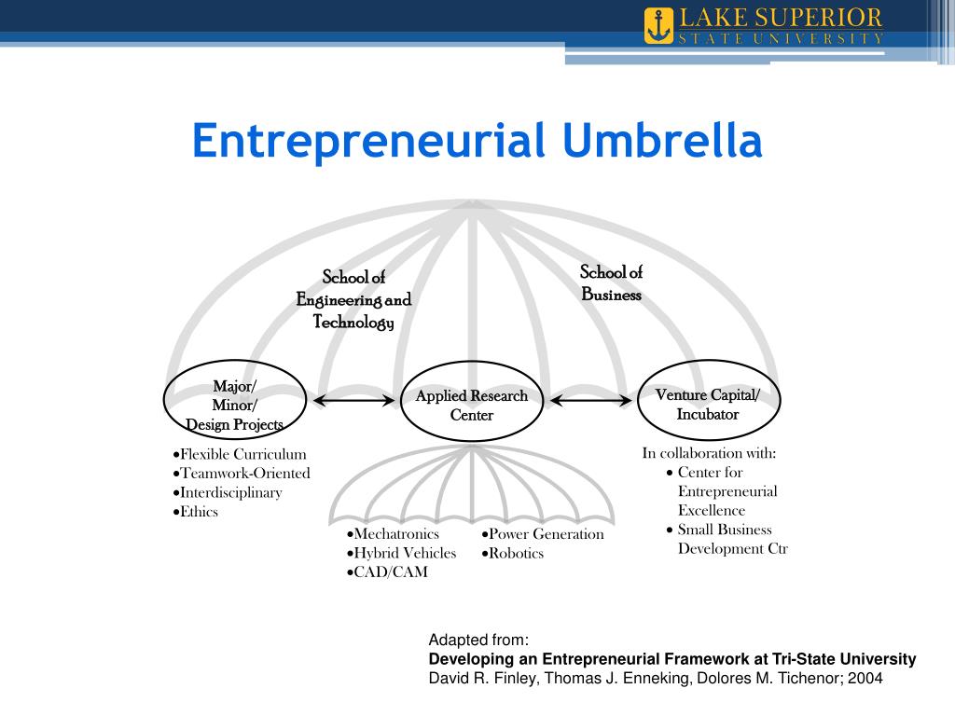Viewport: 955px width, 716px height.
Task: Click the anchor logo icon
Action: click(x=658, y=26)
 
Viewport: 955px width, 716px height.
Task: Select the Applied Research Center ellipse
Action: click(x=472, y=402)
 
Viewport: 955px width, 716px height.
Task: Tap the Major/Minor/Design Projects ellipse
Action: click(x=234, y=401)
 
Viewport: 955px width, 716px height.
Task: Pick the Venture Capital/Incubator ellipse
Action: click(x=708, y=401)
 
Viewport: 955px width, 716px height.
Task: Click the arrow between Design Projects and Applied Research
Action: click(x=353, y=401)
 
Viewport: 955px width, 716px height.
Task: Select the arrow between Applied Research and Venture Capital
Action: click(x=590, y=401)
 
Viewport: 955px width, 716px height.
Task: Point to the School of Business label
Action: click(x=612, y=283)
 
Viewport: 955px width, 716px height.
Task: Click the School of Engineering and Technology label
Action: click(x=353, y=299)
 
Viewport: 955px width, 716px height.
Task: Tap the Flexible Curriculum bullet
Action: click(x=241, y=454)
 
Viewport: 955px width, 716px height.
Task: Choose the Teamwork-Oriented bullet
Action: click(x=242, y=473)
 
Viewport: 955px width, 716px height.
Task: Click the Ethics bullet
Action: click(x=197, y=512)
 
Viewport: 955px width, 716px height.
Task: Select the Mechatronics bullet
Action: click(x=393, y=534)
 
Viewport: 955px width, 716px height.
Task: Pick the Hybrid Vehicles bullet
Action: click(x=402, y=553)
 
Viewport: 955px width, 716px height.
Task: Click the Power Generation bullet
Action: click(x=544, y=534)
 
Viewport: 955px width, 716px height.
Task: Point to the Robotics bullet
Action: click(x=513, y=553)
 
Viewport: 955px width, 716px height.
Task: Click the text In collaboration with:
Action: click(x=709, y=453)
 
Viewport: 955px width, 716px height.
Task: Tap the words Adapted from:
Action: click(x=478, y=640)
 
